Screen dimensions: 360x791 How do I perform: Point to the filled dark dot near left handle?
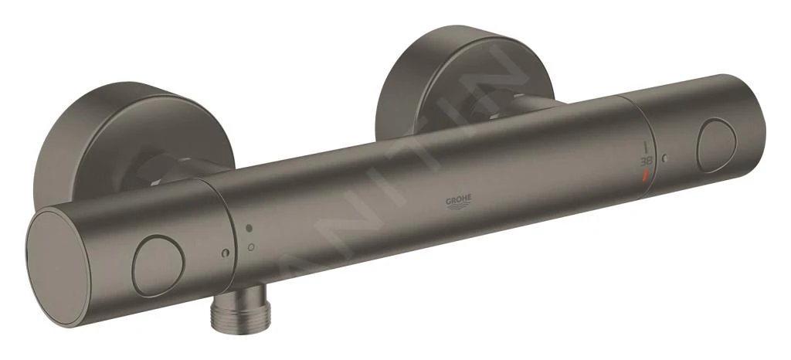pos(249,229)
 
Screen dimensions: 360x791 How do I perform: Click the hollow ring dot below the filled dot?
pos(250,246)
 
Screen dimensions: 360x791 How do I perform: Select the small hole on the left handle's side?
pos(223,253)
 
